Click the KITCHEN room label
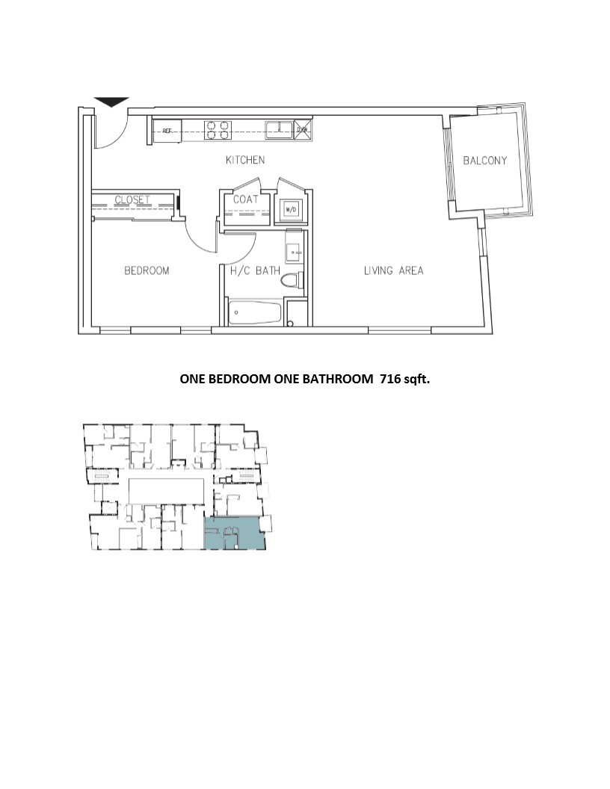click(x=245, y=160)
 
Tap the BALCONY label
click(x=484, y=161)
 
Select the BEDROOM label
click(x=147, y=270)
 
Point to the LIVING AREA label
click(x=393, y=270)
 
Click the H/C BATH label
click(x=251, y=270)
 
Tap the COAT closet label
click(x=245, y=199)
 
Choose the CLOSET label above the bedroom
click(x=132, y=199)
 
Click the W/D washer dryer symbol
click(x=290, y=209)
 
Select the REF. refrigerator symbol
click(x=167, y=131)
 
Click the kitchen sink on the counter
click(x=280, y=129)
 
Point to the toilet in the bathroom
click(x=292, y=282)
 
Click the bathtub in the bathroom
click(x=255, y=312)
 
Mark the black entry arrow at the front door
click(x=111, y=102)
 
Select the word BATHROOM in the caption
click(x=336, y=379)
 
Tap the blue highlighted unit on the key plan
click(x=235, y=533)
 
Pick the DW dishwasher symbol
click(x=302, y=130)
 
